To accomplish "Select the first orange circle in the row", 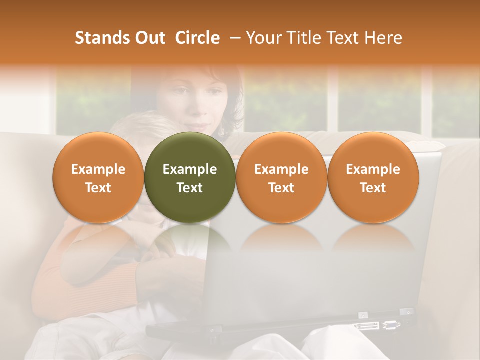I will (x=98, y=178).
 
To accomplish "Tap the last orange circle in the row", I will (x=373, y=178).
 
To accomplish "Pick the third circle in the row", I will (x=281, y=178).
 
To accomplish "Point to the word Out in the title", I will (x=148, y=38).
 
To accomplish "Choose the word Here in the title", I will (x=382, y=38).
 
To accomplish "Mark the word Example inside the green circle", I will (x=190, y=169).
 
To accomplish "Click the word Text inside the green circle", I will (x=190, y=188).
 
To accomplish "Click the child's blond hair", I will (x=127, y=125).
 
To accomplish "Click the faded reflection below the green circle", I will (x=190, y=240).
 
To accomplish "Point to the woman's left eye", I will (x=213, y=91).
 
